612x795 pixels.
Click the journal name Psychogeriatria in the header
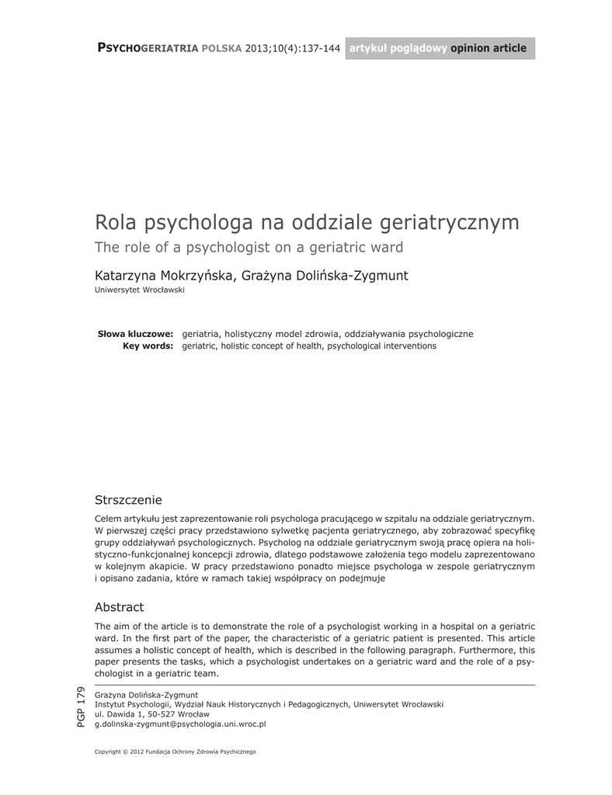pyautogui.click(x=148, y=48)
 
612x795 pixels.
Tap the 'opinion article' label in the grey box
pyautogui.click(x=488, y=48)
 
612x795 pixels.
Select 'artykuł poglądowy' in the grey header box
pyautogui.click(x=398, y=48)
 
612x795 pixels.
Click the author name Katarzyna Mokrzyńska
pyautogui.click(x=163, y=276)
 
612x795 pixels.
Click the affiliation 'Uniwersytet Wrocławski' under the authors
pyautogui.click(x=139, y=290)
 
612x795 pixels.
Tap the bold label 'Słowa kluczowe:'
pyautogui.click(x=135, y=333)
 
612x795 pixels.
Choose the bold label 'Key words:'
pyautogui.click(x=148, y=345)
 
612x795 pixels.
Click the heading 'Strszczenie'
pyautogui.click(x=128, y=498)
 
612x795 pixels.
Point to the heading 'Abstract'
pyautogui.click(x=119, y=606)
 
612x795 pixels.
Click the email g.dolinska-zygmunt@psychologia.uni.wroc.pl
pyautogui.click(x=180, y=723)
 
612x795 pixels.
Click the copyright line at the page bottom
pyautogui.click(x=175, y=752)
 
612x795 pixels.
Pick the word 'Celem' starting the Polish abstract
pyautogui.click(x=108, y=518)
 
